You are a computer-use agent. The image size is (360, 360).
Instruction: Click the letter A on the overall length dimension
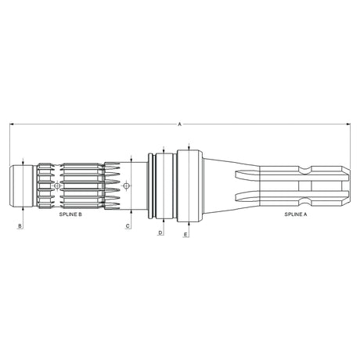[x=179, y=124]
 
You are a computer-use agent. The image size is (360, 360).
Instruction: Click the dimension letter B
[x=20, y=225]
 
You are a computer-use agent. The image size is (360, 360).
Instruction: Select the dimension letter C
[x=128, y=225]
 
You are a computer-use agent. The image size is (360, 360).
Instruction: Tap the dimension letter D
[x=160, y=232]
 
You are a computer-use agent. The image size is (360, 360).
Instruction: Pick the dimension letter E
[x=185, y=234]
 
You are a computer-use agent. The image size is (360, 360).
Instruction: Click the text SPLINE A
[x=296, y=212]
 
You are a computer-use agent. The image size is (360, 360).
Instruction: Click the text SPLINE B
[x=70, y=212]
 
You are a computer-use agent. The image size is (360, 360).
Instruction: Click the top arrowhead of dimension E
[x=190, y=146]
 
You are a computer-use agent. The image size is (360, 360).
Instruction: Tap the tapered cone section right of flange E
[x=219, y=185]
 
